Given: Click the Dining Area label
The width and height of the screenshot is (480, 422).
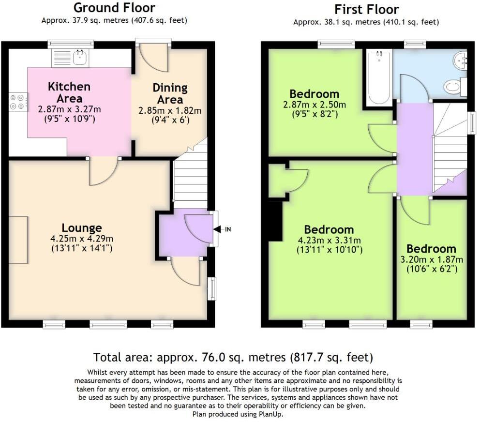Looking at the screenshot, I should (x=170, y=93).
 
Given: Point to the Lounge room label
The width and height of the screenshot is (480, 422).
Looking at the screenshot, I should (x=82, y=228).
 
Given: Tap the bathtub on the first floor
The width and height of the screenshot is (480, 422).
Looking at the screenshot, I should (x=379, y=79).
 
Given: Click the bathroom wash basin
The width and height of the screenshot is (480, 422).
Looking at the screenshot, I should (x=460, y=61).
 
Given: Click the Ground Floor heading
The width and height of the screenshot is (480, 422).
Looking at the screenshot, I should (x=114, y=8).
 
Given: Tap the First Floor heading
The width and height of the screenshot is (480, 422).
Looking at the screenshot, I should (x=366, y=9).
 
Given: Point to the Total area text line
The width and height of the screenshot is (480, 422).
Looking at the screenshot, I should (x=233, y=358).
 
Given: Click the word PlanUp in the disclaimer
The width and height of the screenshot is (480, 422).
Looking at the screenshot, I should (x=271, y=414).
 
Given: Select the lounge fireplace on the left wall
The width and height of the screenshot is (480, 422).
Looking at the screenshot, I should (x=18, y=240).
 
